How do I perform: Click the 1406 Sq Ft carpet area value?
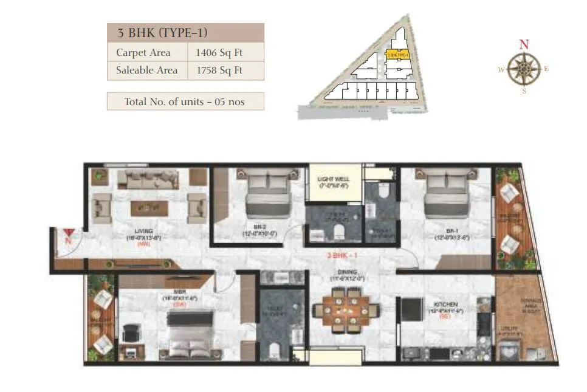[218, 53]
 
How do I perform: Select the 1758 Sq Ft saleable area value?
[219, 70]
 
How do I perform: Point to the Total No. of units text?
[185, 101]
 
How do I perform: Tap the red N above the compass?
[523, 44]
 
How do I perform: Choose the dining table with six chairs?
[345, 309]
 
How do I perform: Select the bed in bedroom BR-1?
[448, 193]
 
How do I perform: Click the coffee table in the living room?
[148, 207]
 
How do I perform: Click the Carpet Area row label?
[143, 53]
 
